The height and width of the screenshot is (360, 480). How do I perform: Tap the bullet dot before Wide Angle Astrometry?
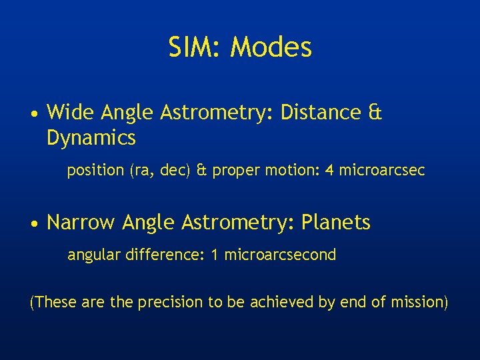tap(34, 114)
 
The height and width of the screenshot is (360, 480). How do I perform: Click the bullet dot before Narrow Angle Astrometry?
tap(34, 223)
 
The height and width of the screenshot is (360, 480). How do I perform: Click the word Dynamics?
tap(91, 138)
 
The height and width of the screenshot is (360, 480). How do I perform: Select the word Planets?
tap(336, 223)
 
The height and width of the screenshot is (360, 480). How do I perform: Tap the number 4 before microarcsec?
tap(329, 171)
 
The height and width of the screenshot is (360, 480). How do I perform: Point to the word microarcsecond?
tap(280, 255)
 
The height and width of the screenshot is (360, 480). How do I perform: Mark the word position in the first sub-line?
tap(95, 171)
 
